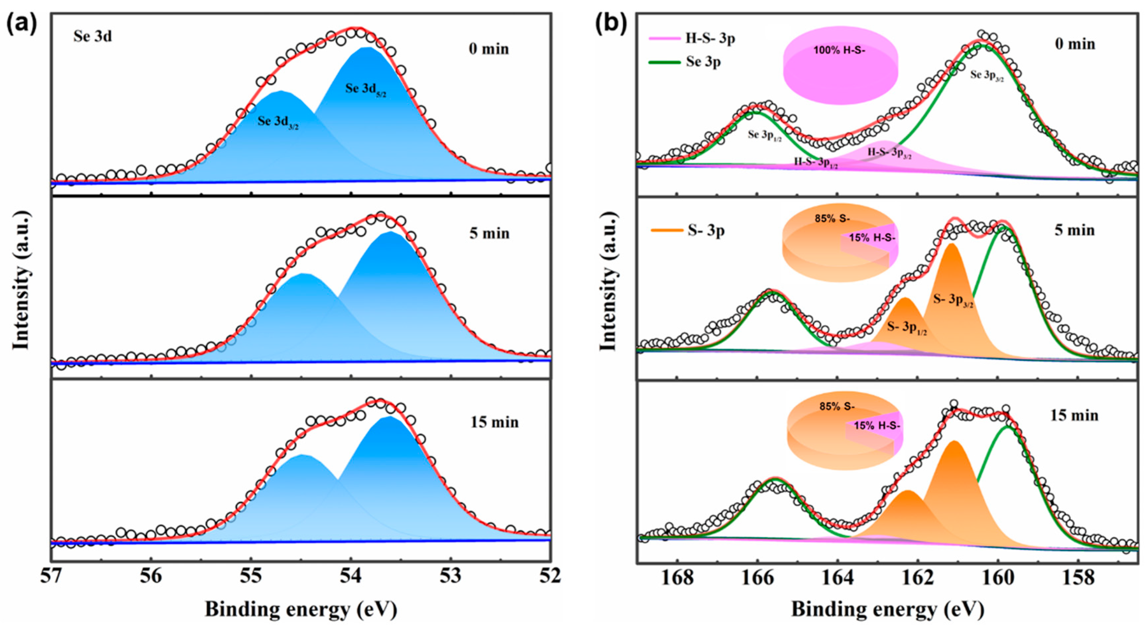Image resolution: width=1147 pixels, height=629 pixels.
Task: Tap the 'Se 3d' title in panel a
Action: [x=93, y=36]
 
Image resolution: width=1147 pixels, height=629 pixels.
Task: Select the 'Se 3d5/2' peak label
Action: [x=365, y=89]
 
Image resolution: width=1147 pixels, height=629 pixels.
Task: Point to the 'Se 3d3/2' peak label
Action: [x=278, y=122]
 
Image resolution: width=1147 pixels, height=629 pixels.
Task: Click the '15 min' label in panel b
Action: [x=1074, y=415]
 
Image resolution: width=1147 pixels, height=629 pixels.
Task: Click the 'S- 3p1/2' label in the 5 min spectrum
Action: [x=907, y=328]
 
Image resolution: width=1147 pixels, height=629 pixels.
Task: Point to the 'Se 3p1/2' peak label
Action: [x=765, y=135]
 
